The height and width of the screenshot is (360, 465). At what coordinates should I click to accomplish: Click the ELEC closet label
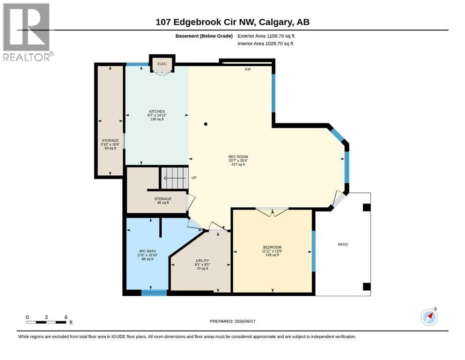tap(162, 64)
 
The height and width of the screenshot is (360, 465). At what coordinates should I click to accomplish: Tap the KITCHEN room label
tap(157, 112)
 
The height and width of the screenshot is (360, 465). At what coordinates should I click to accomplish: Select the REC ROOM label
tap(238, 157)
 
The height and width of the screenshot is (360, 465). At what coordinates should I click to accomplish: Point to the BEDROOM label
tap(272, 247)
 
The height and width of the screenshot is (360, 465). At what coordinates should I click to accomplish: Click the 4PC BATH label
tap(148, 251)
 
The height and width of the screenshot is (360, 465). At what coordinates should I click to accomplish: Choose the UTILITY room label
tap(202, 261)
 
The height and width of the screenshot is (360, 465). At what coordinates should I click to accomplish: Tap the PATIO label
tap(343, 244)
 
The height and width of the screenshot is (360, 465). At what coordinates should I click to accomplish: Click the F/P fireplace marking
tap(248, 69)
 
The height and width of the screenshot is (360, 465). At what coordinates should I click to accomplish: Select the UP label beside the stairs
tap(194, 178)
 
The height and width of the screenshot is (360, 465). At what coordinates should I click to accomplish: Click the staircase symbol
tap(175, 178)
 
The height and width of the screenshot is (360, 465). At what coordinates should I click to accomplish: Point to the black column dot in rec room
tap(206, 124)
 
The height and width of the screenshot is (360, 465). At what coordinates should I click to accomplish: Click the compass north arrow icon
tap(429, 317)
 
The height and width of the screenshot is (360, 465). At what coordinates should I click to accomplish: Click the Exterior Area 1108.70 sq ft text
tap(266, 36)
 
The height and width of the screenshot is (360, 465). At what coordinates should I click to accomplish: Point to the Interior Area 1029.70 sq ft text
tap(266, 44)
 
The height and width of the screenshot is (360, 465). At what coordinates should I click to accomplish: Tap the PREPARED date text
tap(232, 321)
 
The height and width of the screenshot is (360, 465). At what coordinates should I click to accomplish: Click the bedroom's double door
tap(272, 211)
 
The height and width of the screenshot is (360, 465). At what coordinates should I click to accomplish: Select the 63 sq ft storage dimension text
tap(111, 148)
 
